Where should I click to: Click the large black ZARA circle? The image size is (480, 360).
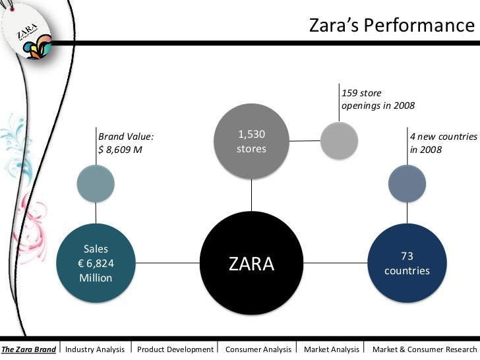click(251, 264)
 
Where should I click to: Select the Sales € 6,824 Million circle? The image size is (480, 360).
click(96, 264)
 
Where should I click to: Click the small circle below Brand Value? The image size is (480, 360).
click(96, 183)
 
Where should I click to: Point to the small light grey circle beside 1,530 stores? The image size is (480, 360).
click(339, 140)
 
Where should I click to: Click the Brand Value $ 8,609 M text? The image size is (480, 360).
click(126, 143)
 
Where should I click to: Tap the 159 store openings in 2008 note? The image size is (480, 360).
click(378, 99)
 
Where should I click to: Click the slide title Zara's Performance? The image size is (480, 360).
click(392, 26)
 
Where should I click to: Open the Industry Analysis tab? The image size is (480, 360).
click(95, 349)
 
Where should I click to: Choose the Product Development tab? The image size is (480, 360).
click(175, 349)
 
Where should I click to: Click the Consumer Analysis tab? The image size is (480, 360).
click(258, 349)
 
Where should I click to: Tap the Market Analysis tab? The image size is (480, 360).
click(332, 349)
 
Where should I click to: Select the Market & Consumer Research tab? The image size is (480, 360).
click(424, 349)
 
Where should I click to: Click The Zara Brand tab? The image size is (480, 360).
click(28, 349)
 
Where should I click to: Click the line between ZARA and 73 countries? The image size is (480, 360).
click(343, 264)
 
